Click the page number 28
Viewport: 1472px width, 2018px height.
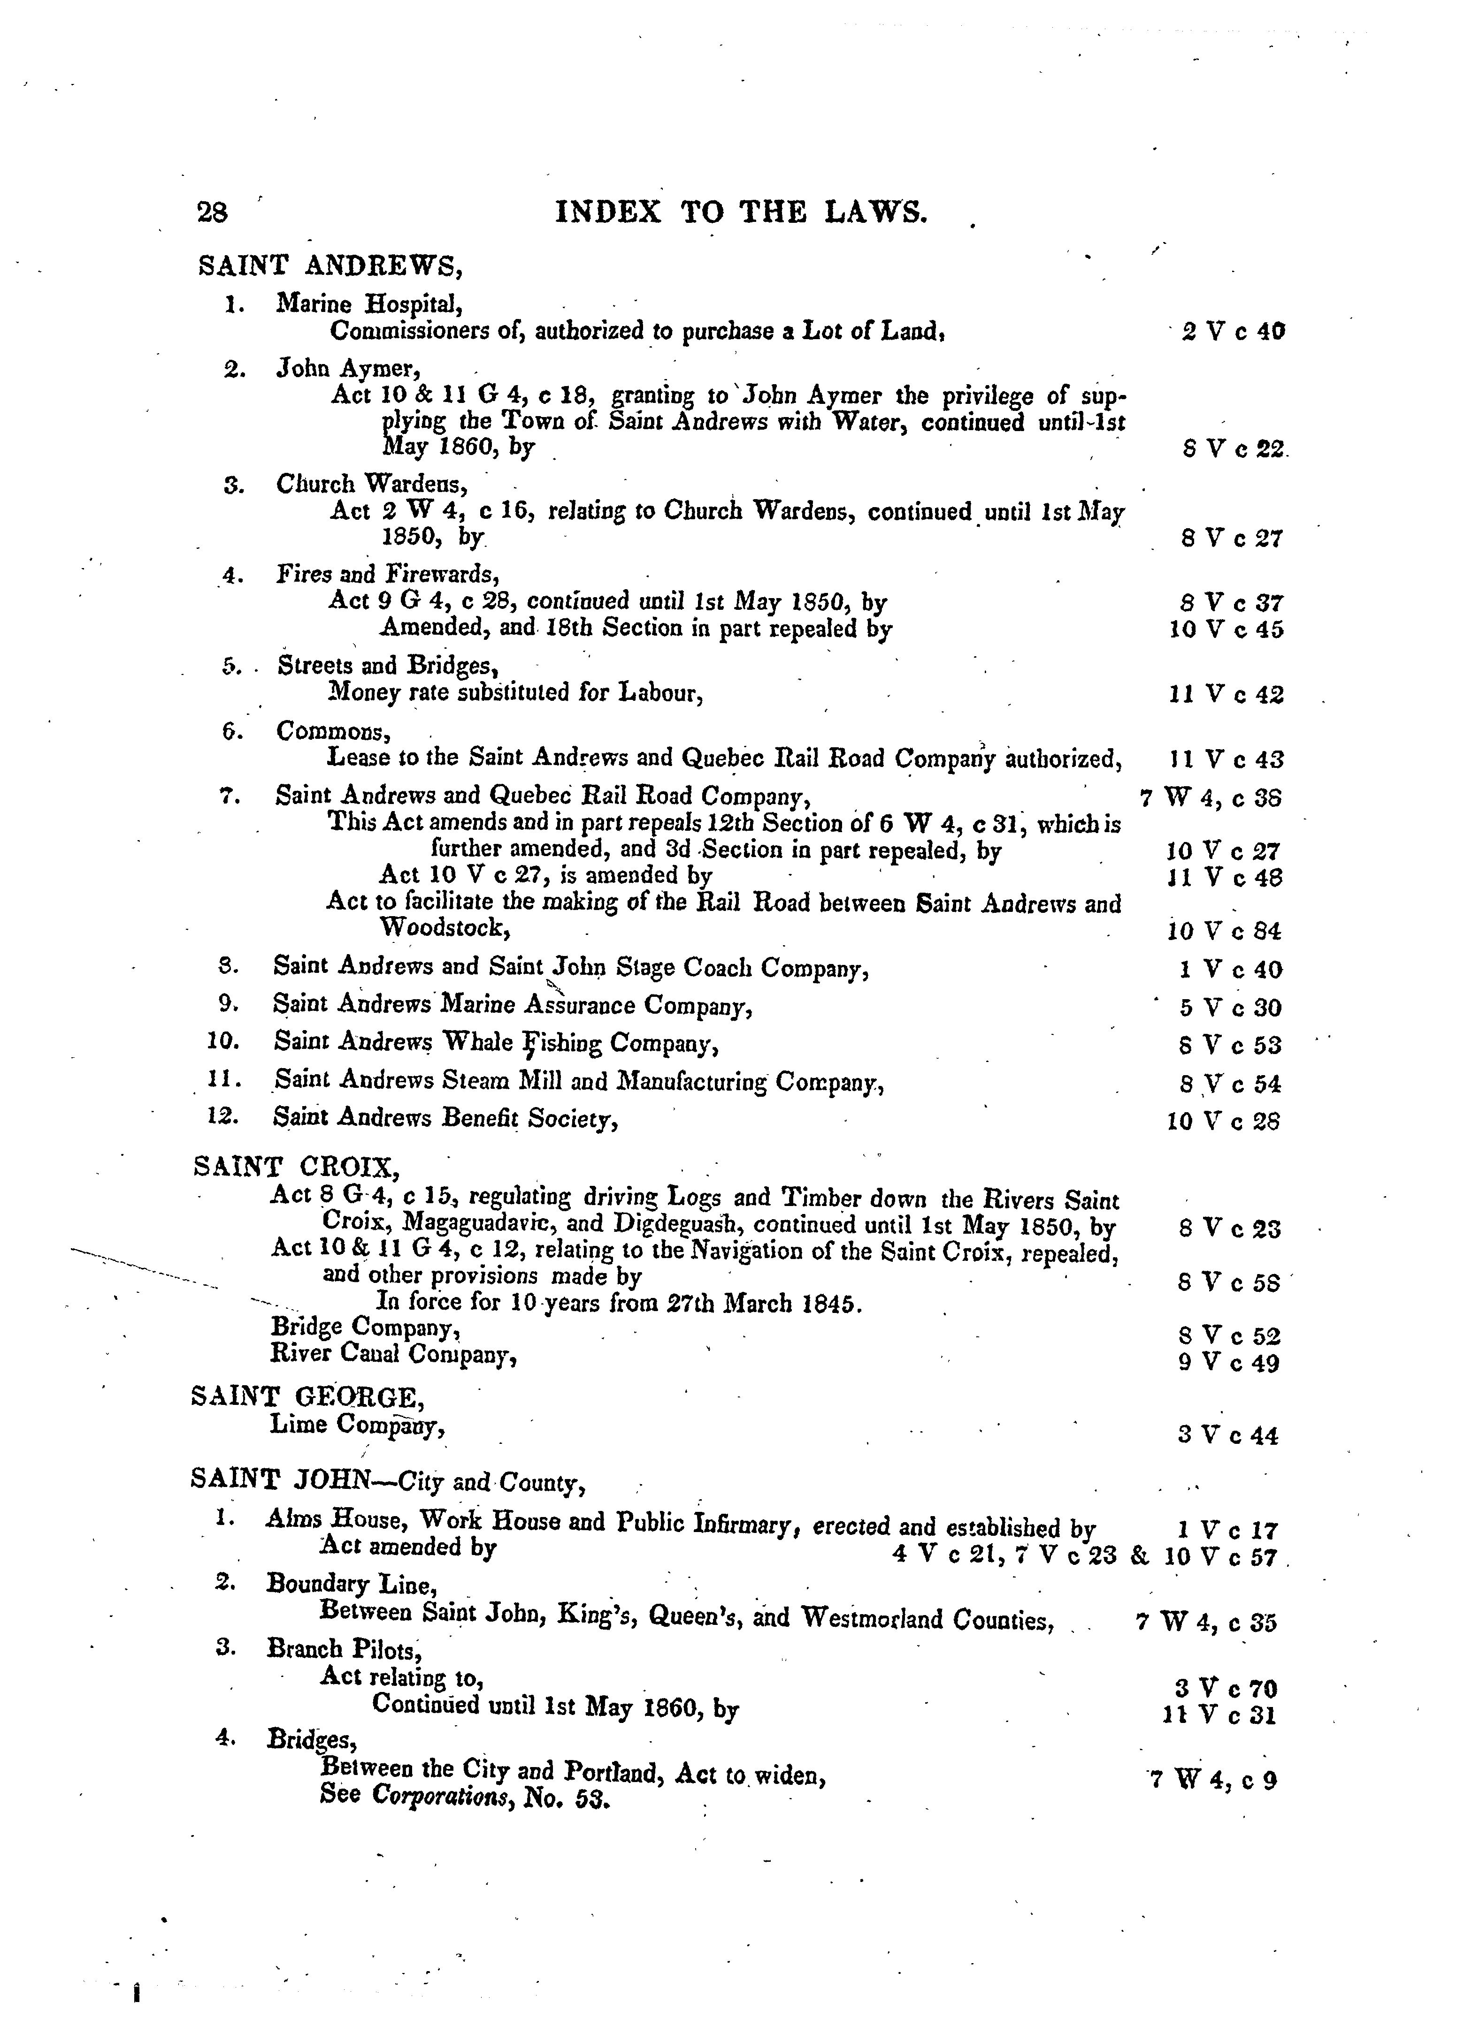pos(212,212)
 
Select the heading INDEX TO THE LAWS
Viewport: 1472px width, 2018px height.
pos(741,212)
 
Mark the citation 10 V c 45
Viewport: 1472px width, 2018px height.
pos(1226,630)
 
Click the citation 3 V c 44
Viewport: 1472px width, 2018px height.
pos(1228,1435)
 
